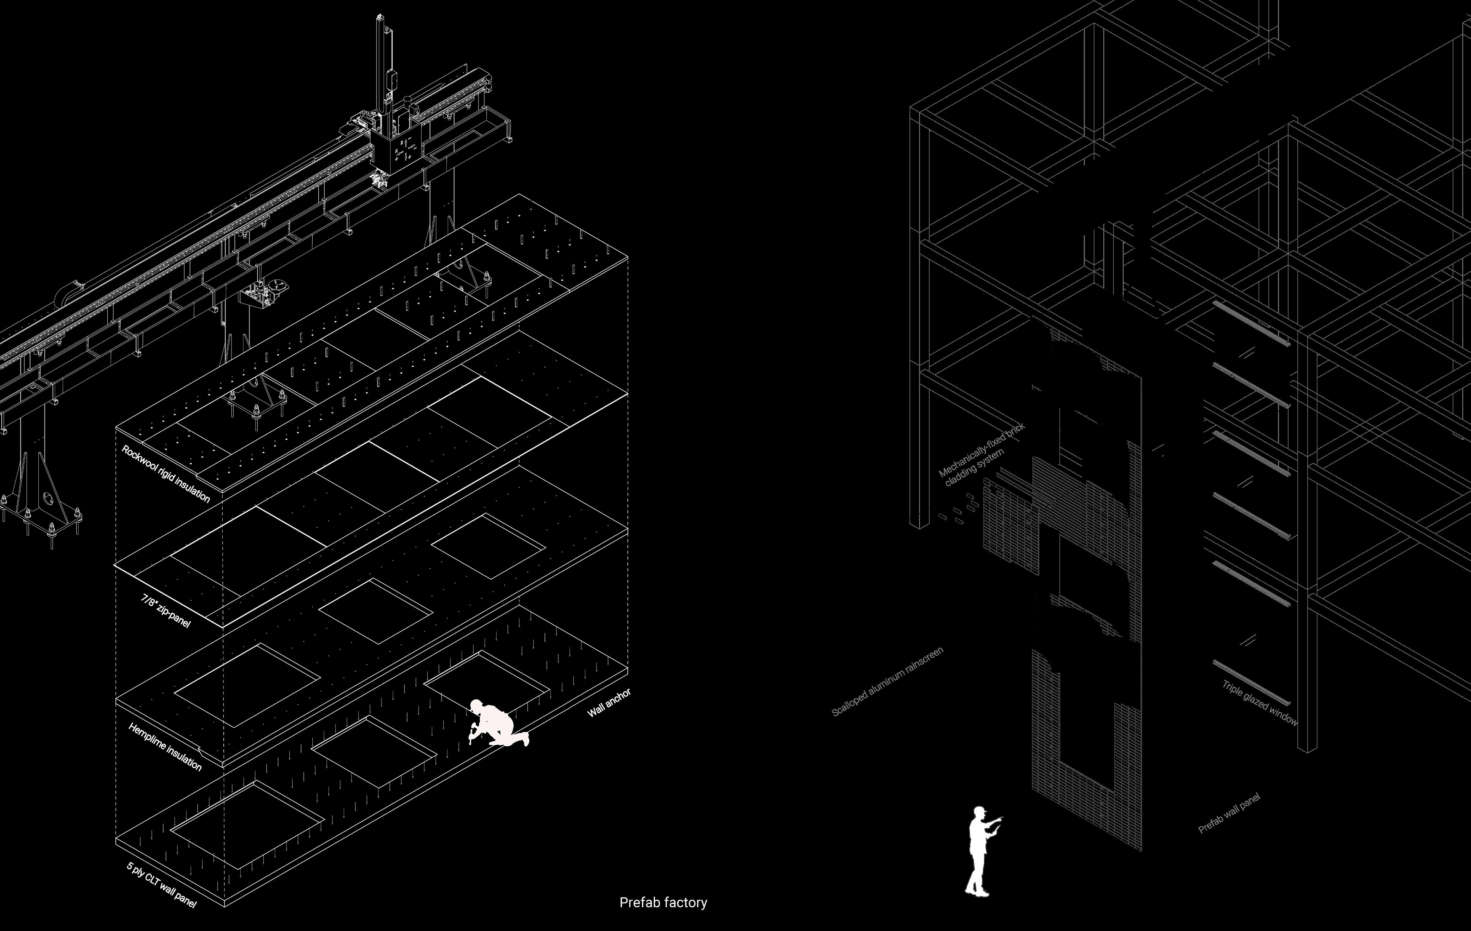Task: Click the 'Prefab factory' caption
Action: (x=663, y=902)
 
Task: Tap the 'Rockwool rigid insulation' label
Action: (x=166, y=474)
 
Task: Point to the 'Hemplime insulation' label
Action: (x=165, y=746)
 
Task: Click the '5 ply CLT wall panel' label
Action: (x=161, y=884)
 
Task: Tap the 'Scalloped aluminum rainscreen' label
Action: (x=888, y=681)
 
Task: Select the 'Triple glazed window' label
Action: (x=1260, y=703)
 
